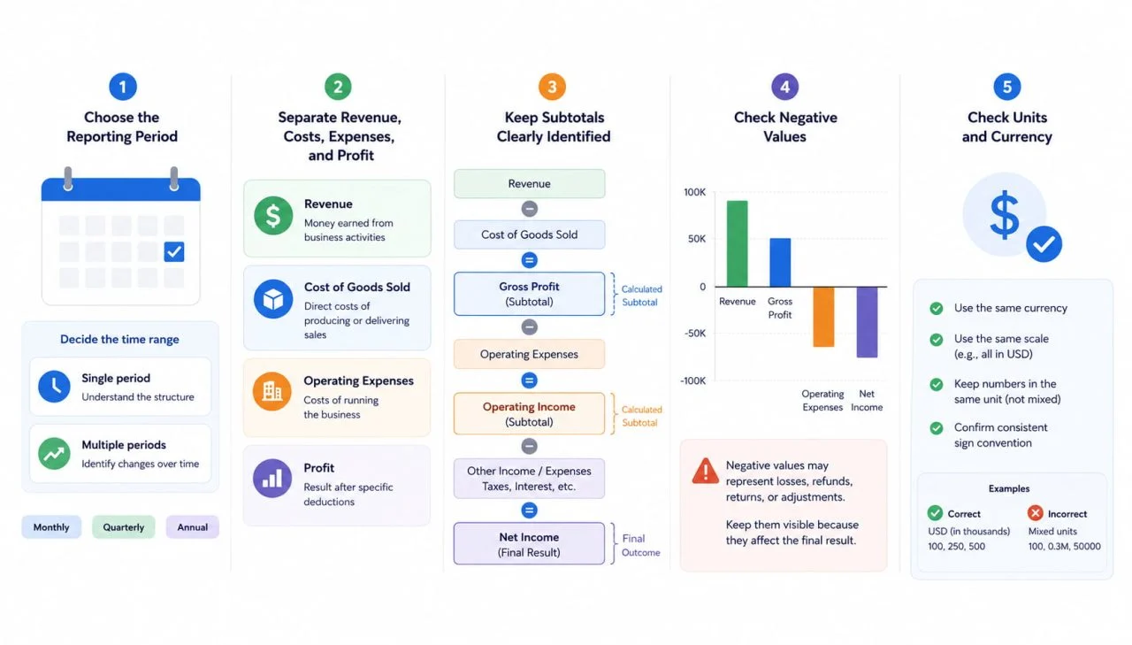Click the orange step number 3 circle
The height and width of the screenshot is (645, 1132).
(552, 87)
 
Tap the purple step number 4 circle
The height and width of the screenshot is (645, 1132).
(784, 87)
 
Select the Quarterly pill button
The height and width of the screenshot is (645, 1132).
(123, 527)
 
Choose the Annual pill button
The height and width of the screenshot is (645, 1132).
(193, 527)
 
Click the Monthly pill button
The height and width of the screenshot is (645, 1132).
(51, 527)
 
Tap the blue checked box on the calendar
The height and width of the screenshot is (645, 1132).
(174, 252)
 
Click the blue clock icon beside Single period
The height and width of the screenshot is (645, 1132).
(54, 387)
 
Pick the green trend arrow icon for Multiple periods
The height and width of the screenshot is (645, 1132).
(54, 453)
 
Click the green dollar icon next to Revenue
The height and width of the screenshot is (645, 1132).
(273, 216)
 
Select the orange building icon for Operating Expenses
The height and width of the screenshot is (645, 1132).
(272, 391)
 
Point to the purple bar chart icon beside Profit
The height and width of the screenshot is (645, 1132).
(272, 478)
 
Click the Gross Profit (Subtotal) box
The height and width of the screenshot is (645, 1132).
(529, 294)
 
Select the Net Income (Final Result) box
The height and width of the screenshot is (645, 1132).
(529, 544)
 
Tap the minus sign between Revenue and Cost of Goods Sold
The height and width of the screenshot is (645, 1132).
(529, 209)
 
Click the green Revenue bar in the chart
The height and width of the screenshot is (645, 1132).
(738, 243)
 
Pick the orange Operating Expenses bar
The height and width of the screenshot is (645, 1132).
(823, 317)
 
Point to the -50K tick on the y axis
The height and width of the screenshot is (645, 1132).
(695, 333)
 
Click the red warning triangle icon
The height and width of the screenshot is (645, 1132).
(706, 471)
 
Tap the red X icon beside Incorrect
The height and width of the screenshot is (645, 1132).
(1035, 513)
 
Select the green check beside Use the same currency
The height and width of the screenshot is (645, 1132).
(937, 309)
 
